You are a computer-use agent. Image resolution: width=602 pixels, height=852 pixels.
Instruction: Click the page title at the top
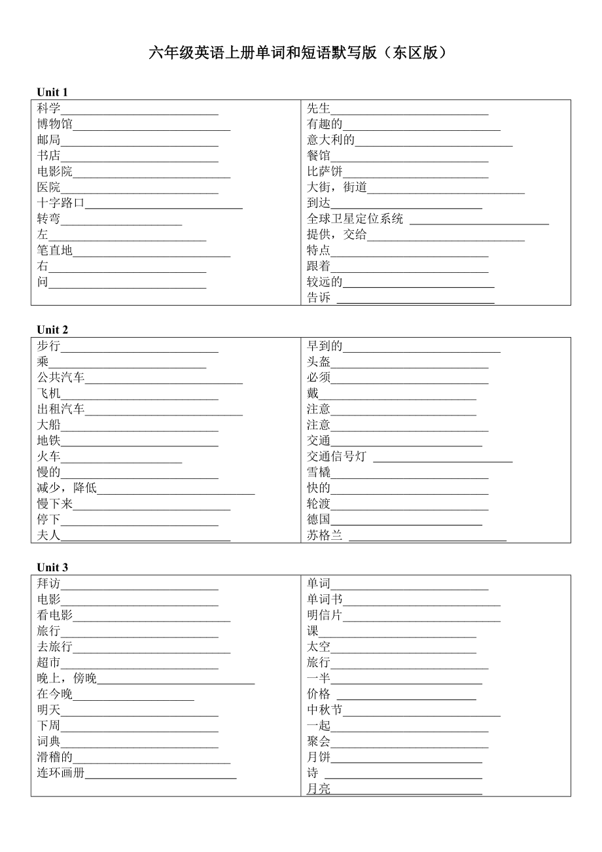(300, 53)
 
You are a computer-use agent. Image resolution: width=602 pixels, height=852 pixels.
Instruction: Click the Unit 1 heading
(52, 92)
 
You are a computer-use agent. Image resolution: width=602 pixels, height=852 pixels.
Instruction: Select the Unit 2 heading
(52, 330)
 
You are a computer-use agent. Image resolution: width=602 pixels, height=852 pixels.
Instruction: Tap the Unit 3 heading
(52, 567)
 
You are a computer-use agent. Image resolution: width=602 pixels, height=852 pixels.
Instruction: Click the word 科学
(48, 109)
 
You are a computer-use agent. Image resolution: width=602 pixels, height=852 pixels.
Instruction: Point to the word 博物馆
(55, 124)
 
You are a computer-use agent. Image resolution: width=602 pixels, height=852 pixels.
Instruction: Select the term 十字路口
(61, 204)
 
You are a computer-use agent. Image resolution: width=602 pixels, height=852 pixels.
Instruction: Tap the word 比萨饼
(325, 172)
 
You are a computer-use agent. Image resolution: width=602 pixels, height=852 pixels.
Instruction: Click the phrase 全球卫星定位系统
(355, 219)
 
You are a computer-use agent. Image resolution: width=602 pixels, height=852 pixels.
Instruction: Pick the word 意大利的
(331, 140)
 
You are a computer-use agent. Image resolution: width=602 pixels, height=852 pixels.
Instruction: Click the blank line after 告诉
(416, 302)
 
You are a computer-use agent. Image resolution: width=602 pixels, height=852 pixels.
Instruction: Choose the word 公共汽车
(61, 378)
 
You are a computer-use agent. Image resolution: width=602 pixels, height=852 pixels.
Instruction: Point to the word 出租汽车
(61, 410)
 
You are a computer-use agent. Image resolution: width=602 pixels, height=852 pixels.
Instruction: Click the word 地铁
(48, 441)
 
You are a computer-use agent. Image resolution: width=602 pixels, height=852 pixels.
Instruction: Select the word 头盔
(319, 362)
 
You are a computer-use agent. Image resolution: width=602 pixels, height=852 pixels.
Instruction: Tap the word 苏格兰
(325, 536)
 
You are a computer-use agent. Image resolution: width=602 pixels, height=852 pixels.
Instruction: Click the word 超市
(48, 663)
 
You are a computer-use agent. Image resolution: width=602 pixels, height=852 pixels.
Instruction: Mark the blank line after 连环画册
(161, 777)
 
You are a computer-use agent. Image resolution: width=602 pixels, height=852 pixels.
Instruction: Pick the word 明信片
(325, 615)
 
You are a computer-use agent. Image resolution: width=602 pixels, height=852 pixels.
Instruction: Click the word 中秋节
(325, 710)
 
